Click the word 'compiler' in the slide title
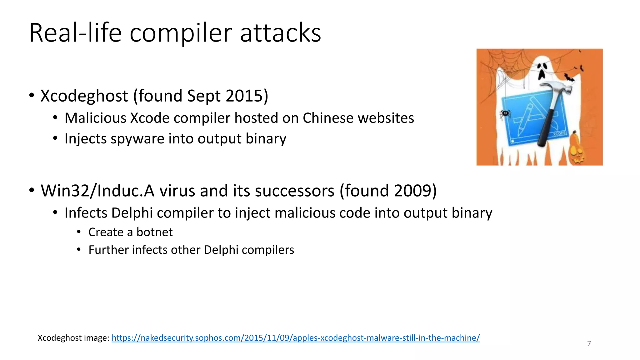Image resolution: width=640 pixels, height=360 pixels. [x=181, y=33]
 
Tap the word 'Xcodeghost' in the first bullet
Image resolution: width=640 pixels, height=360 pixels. [x=84, y=96]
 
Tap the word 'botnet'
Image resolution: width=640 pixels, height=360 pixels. [x=154, y=232]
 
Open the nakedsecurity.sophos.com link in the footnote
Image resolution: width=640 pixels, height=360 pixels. [x=295, y=338]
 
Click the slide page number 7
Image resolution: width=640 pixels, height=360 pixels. [x=589, y=344]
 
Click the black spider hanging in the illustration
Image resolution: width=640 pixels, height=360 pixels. [x=505, y=113]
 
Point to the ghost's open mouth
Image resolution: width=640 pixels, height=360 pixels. [x=542, y=75]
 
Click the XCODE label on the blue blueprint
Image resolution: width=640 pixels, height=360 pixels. [x=559, y=134]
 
